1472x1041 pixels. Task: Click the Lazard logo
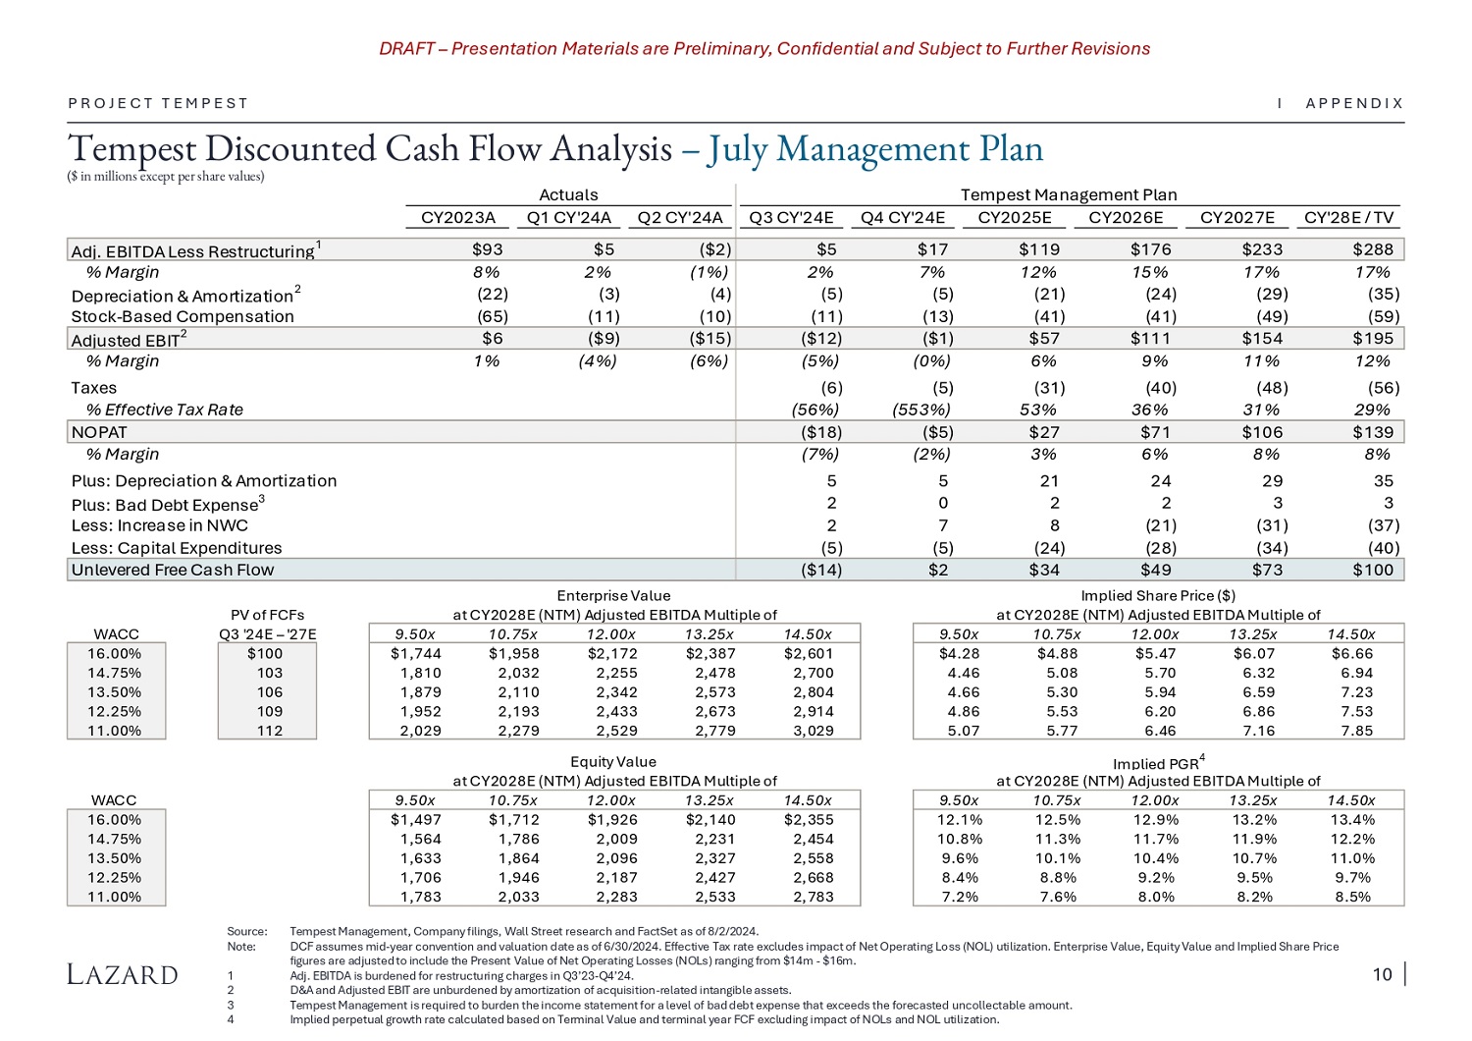(x=123, y=974)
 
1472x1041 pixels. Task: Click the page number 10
(x=1382, y=974)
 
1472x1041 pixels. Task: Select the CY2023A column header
(x=457, y=218)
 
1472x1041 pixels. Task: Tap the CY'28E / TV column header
(x=1348, y=218)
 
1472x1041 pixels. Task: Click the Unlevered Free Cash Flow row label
(x=173, y=570)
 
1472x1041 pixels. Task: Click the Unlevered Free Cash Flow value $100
(x=1372, y=570)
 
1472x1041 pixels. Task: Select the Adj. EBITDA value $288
(x=1372, y=249)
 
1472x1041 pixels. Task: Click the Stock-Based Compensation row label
(x=183, y=316)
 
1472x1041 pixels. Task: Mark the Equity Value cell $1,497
(x=416, y=820)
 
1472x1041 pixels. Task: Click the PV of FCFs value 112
(x=269, y=731)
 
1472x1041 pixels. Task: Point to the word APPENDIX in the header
(x=1354, y=103)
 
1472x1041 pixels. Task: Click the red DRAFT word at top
(x=406, y=49)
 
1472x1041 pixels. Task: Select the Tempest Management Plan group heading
(x=1068, y=194)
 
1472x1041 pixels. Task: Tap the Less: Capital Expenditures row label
(x=177, y=548)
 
